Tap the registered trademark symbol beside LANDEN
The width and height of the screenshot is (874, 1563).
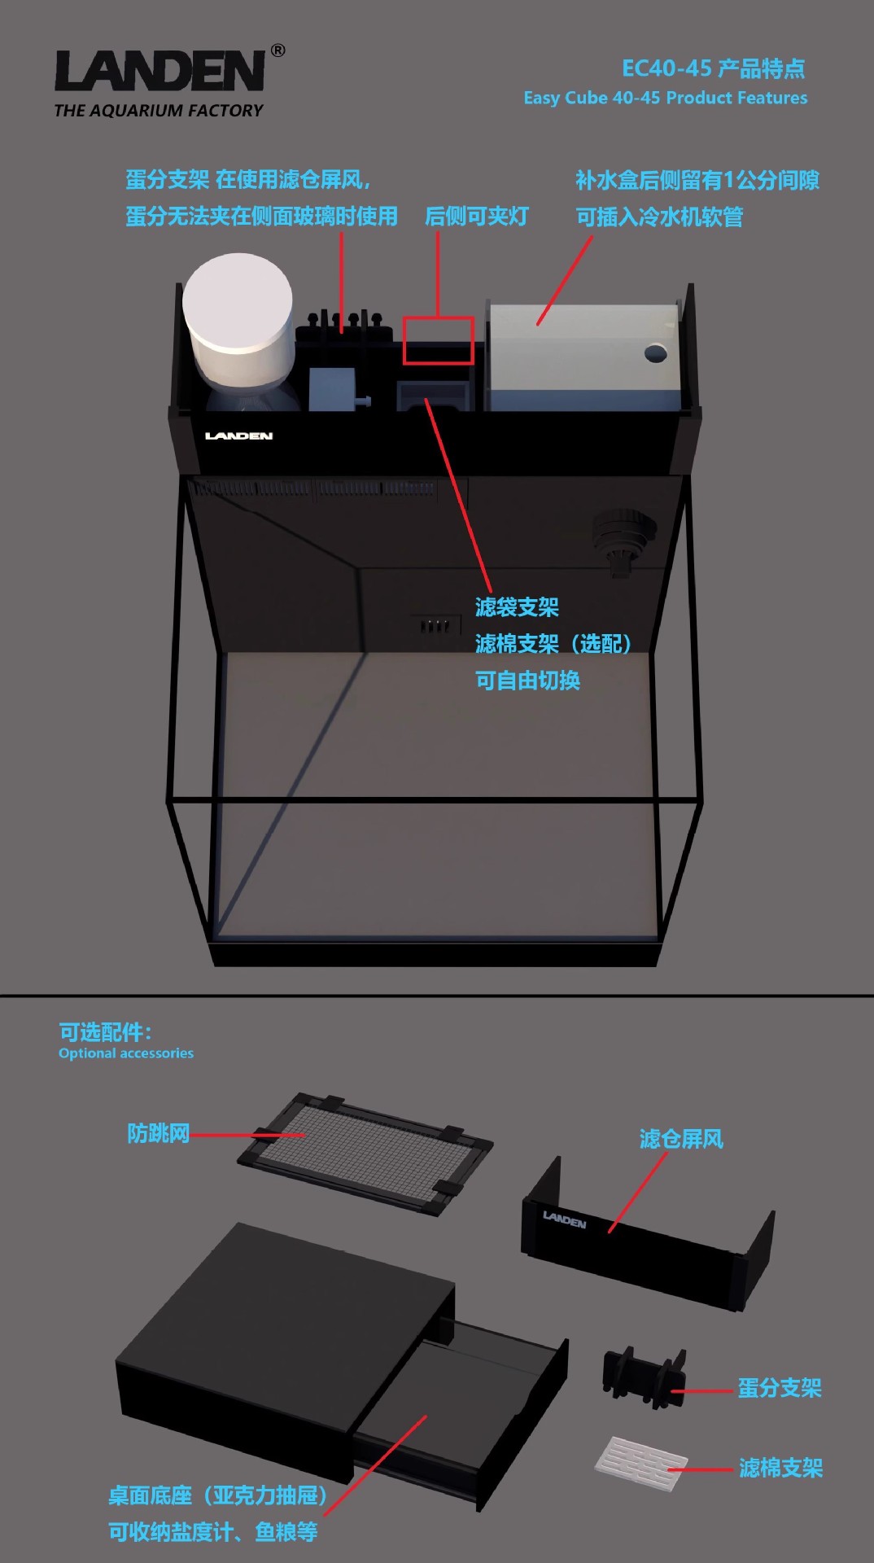pos(278,50)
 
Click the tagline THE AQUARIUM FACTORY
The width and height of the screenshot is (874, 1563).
pos(159,111)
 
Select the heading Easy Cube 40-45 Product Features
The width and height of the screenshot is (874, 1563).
pos(665,98)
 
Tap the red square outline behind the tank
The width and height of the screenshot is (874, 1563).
pos(438,339)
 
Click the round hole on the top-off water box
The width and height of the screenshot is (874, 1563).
pos(655,353)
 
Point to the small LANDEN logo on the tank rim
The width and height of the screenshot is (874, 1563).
pos(238,436)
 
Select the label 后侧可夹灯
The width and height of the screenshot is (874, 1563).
pos(477,217)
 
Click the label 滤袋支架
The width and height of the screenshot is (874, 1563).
pos(517,607)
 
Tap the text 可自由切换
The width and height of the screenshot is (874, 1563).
pos(527,681)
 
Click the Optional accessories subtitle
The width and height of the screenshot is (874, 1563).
pos(126,1053)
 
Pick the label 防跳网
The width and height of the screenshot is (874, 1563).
pos(158,1133)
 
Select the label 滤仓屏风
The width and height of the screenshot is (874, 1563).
pos(681,1139)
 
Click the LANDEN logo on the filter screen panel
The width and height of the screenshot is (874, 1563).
pos(564,1219)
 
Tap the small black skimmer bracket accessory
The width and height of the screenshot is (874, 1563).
pos(642,1375)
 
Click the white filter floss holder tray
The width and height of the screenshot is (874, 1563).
pos(640,1463)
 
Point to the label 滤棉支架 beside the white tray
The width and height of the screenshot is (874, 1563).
pos(780,1468)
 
